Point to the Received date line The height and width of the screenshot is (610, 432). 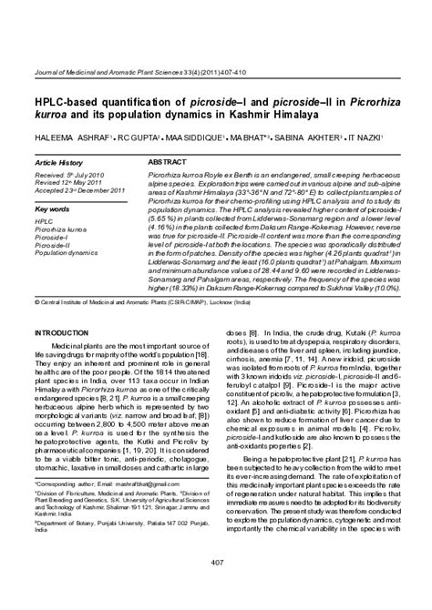coord(65,174)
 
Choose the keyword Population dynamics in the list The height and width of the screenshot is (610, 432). coord(67,252)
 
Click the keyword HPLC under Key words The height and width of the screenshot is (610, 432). coord(43,221)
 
